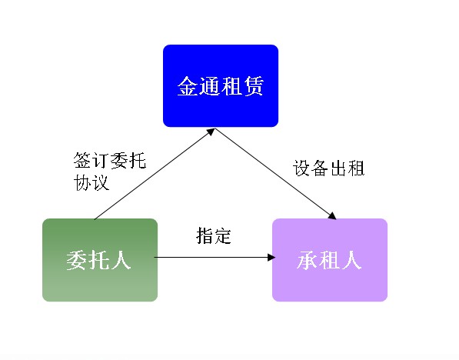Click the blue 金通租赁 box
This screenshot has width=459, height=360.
(x=221, y=86)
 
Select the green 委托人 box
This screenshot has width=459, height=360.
(x=100, y=260)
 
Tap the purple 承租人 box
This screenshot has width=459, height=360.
(x=330, y=260)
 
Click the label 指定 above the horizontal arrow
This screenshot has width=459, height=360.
(x=214, y=236)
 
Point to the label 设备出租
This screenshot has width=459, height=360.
(x=329, y=168)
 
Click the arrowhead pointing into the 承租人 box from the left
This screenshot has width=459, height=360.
(x=271, y=258)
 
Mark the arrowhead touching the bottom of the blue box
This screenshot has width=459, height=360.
(x=211, y=132)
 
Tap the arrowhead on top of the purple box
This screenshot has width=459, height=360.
(x=333, y=215)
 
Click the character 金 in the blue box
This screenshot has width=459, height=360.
(x=188, y=86)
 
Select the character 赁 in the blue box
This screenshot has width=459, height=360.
(x=253, y=86)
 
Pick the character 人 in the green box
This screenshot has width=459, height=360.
(x=121, y=260)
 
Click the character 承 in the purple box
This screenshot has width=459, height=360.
(x=307, y=260)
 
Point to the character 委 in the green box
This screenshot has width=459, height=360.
(x=77, y=260)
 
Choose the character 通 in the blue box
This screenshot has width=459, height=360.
(x=210, y=86)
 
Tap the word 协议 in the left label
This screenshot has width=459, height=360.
(x=91, y=182)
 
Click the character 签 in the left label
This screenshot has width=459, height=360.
(x=82, y=160)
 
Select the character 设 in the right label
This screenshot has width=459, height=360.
(x=301, y=168)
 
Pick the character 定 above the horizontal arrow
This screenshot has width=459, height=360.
(x=222, y=236)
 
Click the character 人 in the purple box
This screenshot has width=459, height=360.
(x=352, y=260)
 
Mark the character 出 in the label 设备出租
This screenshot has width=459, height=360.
(x=338, y=168)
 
